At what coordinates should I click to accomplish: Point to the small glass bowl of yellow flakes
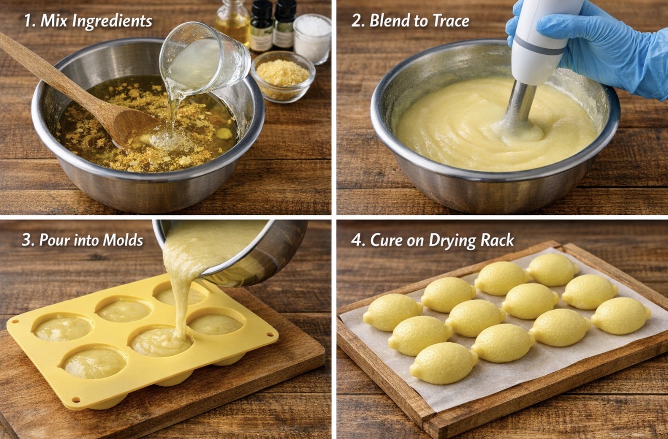[x=283, y=77]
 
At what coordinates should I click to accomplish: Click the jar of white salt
[x=312, y=39]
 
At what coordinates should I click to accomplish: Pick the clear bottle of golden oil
[x=233, y=22]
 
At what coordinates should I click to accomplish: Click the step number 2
[x=357, y=21]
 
